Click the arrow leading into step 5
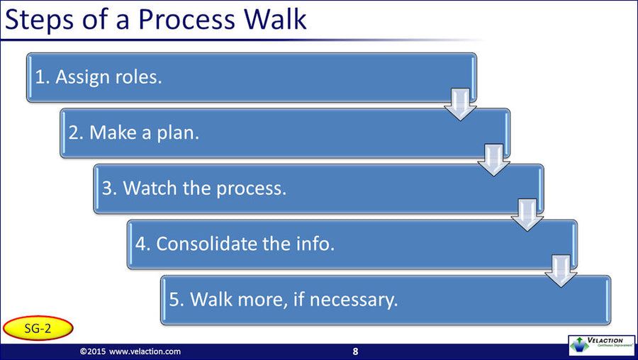pyautogui.click(x=561, y=271)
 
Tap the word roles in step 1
pyautogui.click(x=139, y=77)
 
